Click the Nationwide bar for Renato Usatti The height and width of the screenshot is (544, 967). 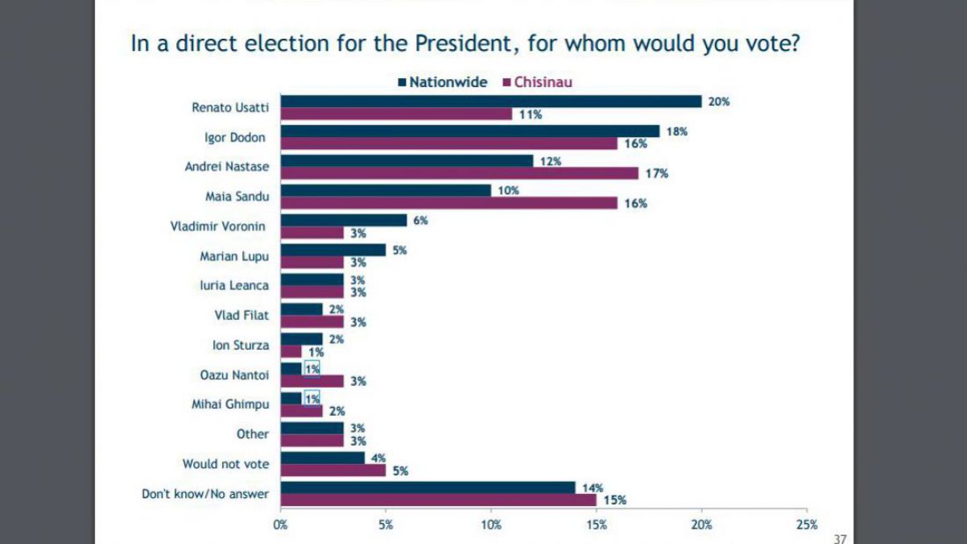click(491, 102)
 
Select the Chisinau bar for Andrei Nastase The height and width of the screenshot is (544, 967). click(459, 173)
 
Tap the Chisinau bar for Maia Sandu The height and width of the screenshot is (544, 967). click(448, 203)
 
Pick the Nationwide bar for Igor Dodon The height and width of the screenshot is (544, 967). click(470, 131)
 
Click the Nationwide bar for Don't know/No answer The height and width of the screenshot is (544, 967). click(428, 488)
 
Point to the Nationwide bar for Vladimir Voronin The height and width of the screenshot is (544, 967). click(344, 220)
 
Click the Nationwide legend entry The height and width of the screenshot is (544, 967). click(442, 81)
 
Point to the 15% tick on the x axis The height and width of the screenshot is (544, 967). click(597, 525)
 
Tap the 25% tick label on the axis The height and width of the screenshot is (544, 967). click(807, 525)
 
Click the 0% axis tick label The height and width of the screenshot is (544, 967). click(280, 525)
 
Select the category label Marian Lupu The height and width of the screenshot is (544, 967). click(234, 256)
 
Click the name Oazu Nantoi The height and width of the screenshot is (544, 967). click(234, 375)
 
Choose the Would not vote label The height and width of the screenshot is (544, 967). click(225, 463)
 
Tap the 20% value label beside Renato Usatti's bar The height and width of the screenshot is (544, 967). click(719, 102)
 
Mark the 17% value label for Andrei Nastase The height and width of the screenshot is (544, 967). click(656, 173)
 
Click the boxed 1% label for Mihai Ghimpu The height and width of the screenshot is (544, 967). click(312, 398)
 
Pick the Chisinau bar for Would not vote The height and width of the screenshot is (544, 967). click(333, 471)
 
